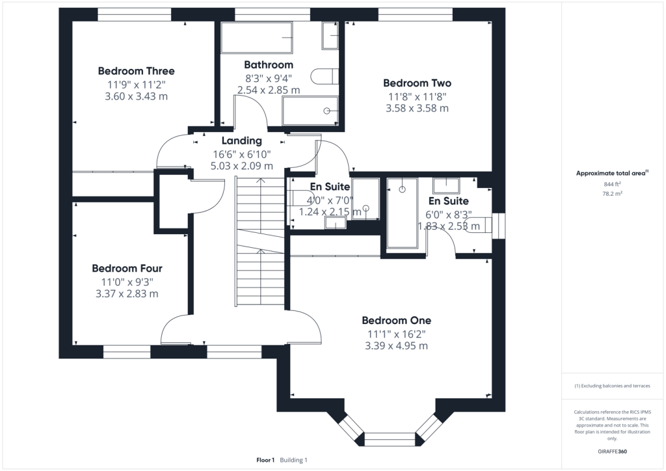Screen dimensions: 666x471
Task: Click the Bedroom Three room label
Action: (x=137, y=71)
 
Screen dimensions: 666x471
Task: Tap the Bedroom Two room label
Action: (x=417, y=83)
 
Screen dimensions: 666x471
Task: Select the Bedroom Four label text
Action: (x=127, y=269)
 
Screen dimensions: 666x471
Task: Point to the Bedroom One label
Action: (x=396, y=320)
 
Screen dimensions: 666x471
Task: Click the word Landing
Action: (x=242, y=141)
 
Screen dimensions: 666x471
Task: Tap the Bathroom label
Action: (x=269, y=64)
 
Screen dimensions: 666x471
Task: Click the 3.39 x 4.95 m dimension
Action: (x=396, y=345)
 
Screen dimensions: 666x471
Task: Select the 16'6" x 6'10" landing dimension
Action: (x=242, y=154)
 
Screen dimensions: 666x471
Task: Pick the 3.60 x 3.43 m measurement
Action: (x=137, y=96)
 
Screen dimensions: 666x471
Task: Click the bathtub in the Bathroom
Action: (x=256, y=37)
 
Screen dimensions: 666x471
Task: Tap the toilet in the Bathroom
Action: (x=325, y=77)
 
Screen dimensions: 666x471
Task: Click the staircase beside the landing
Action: (x=260, y=241)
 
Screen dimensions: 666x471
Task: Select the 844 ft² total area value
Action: (x=612, y=184)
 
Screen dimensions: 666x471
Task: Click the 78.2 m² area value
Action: (x=612, y=194)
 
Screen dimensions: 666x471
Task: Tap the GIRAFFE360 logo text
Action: (x=612, y=451)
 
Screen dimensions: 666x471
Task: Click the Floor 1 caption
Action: (x=265, y=460)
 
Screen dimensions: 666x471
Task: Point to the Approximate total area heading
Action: (x=612, y=173)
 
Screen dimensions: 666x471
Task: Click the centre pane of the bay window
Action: (x=390, y=439)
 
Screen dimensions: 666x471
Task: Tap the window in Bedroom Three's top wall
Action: (x=135, y=14)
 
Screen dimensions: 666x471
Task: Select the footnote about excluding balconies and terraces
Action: (x=612, y=386)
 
